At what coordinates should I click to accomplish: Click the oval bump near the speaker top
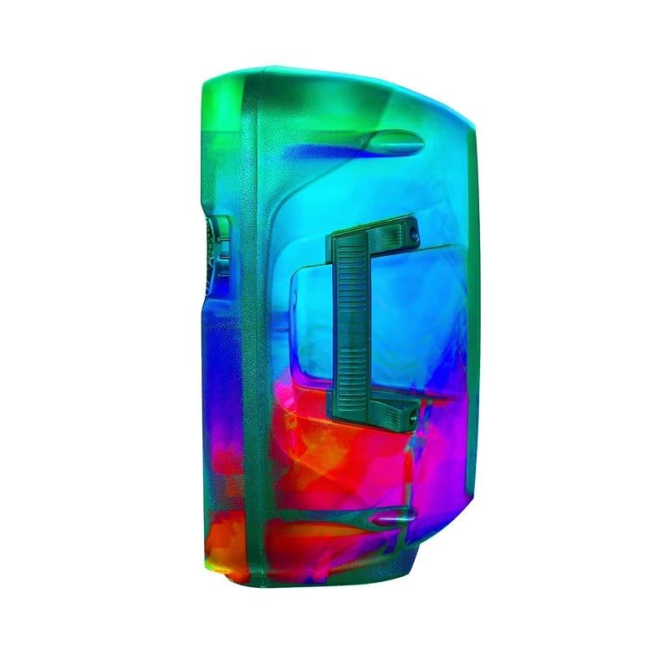tap(395, 141)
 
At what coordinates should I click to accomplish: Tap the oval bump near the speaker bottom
tap(394, 518)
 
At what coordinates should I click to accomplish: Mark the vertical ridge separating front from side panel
tap(248, 334)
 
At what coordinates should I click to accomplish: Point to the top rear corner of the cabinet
tap(468, 117)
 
